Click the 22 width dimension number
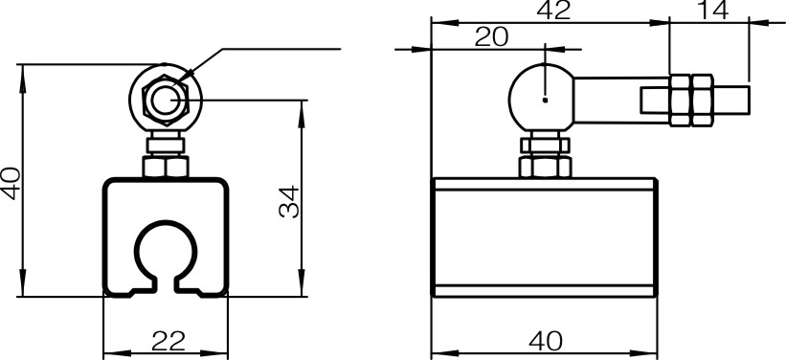[x=168, y=342]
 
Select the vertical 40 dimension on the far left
[x=11, y=183]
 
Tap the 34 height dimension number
[x=289, y=202]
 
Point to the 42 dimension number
[x=553, y=11]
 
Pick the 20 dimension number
[x=491, y=37]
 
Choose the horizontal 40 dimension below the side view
[x=546, y=342]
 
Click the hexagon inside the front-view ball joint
[x=166, y=100]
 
